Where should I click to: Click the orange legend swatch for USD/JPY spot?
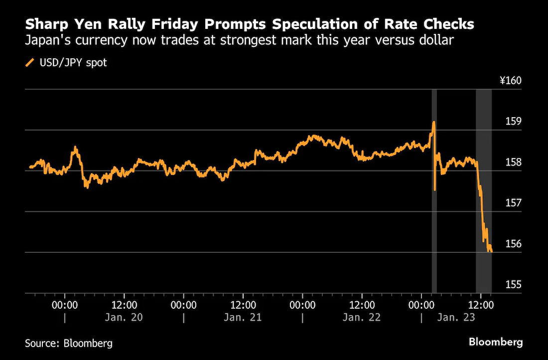[x=29, y=63]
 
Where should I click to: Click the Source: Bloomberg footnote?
[x=69, y=343]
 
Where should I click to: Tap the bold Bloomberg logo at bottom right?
[x=496, y=342]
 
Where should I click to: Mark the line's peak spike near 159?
[x=434, y=122]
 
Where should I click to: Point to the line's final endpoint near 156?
[x=491, y=251]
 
